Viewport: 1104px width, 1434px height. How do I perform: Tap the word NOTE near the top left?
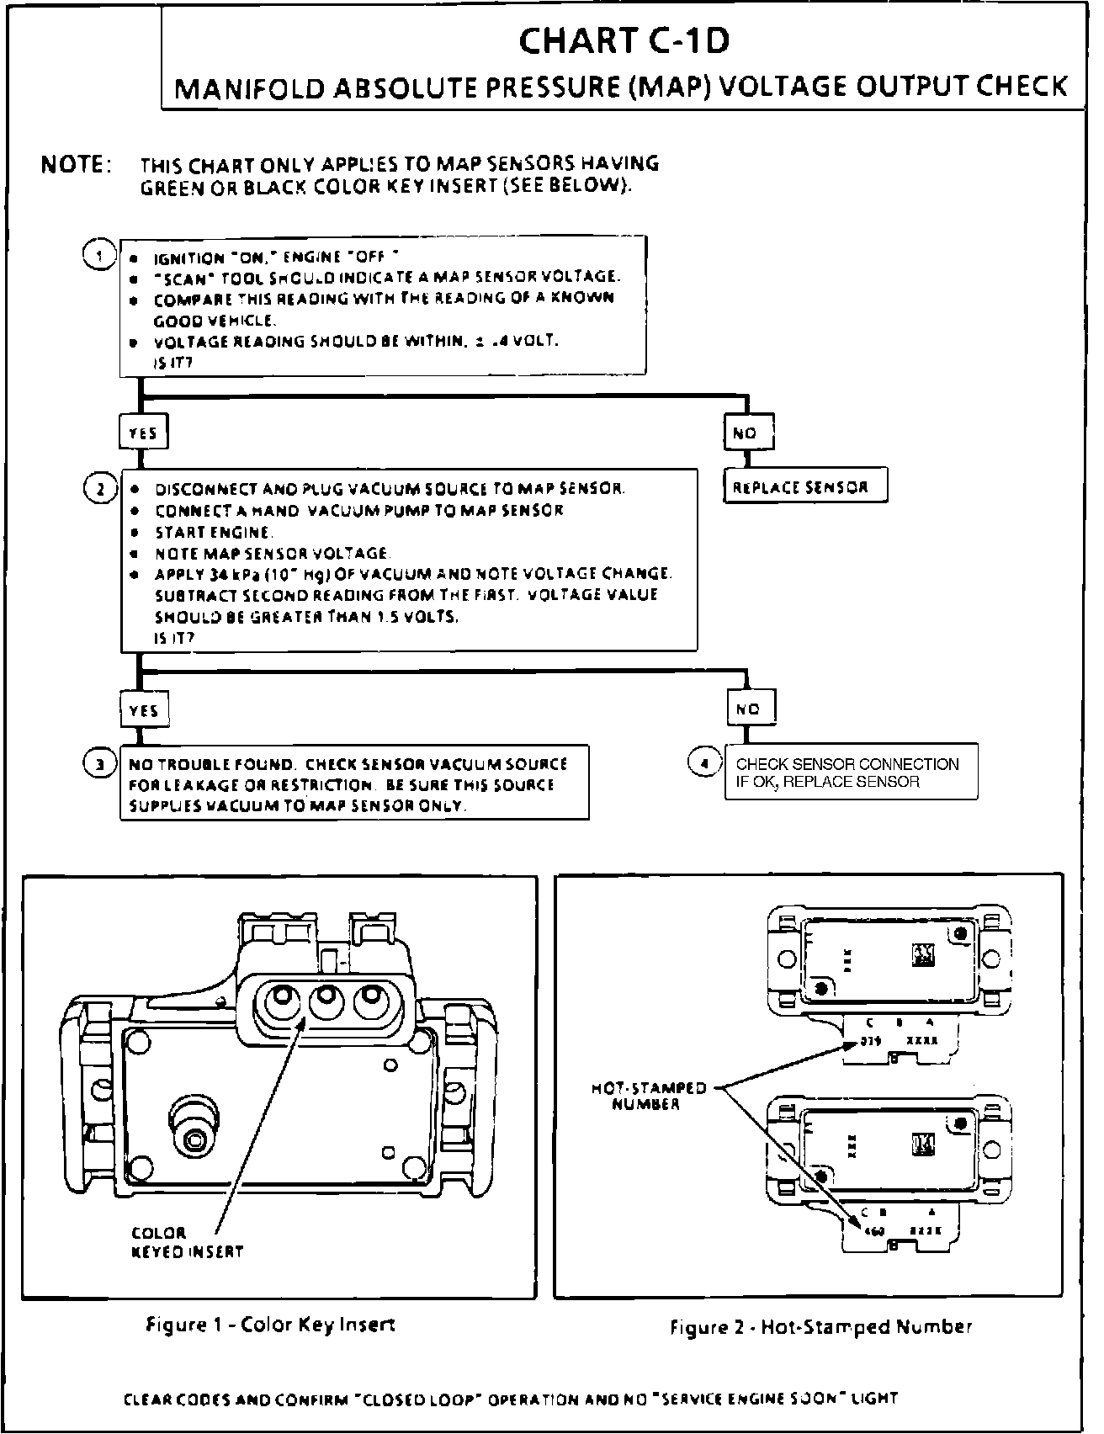pos(76,165)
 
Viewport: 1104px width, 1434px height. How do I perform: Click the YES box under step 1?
pos(143,433)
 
